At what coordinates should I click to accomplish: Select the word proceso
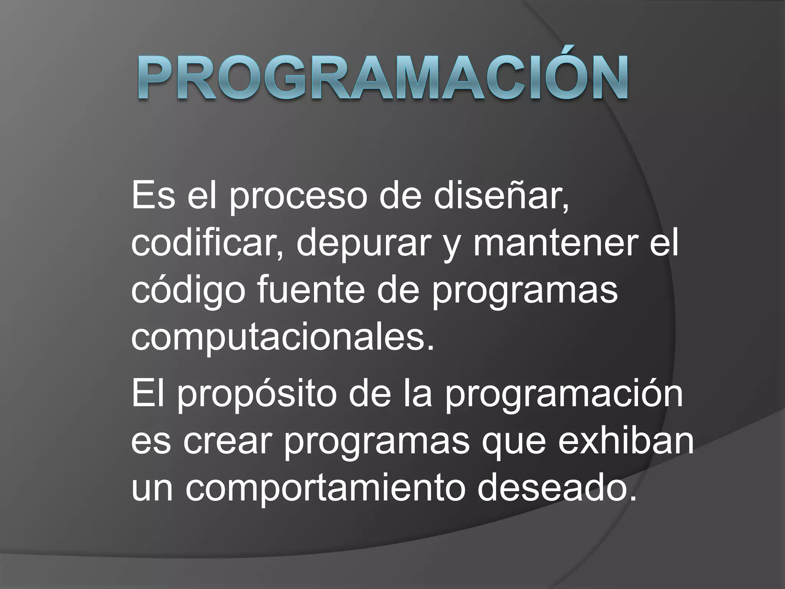click(x=298, y=199)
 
